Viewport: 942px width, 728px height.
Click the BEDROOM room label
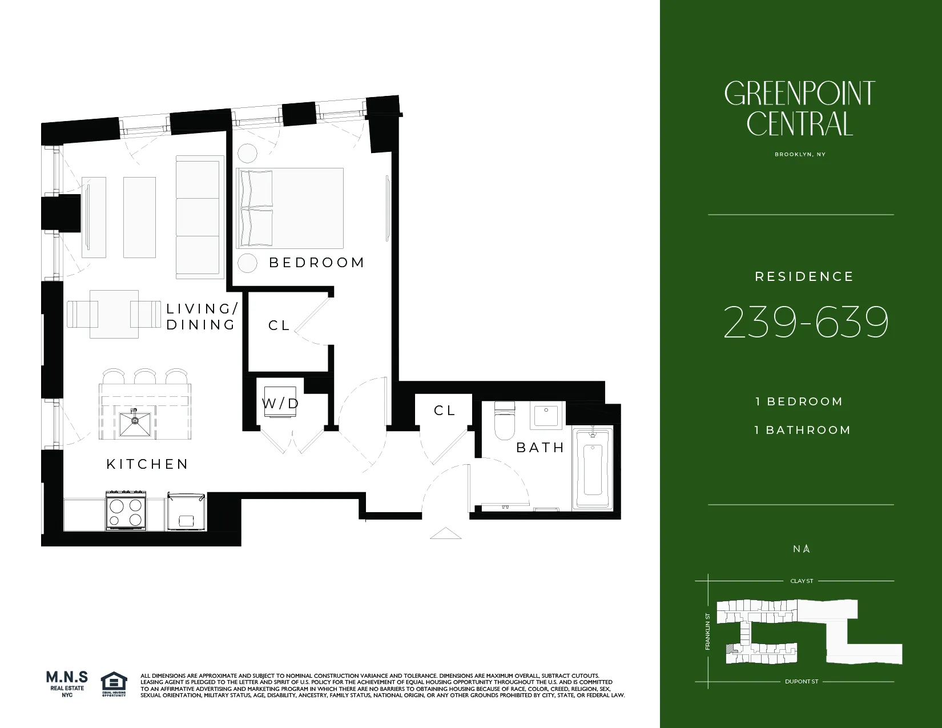pyautogui.click(x=317, y=263)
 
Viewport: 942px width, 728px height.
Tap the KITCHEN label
pyautogui.click(x=147, y=464)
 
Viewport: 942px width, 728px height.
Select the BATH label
pyautogui.click(x=540, y=448)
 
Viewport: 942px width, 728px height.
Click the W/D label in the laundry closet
pyautogui.click(x=280, y=404)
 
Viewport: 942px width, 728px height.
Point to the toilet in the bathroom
pyautogui.click(x=505, y=421)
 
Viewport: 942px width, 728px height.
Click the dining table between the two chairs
pyautogui.click(x=114, y=313)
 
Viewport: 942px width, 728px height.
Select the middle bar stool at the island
pyautogui.click(x=145, y=377)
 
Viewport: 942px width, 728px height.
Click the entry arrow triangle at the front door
pyautogui.click(x=445, y=533)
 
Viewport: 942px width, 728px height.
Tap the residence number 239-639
pyautogui.click(x=806, y=323)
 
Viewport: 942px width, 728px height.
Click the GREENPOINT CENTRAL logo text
pyautogui.click(x=799, y=108)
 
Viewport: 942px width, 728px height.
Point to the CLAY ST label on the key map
pyautogui.click(x=802, y=581)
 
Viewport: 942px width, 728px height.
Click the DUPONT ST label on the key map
pyautogui.click(x=802, y=682)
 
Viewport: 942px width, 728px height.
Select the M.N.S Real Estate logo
pyautogui.click(x=67, y=683)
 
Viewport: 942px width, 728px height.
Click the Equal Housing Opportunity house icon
pyautogui.click(x=114, y=682)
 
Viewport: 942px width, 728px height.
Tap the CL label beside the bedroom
pyautogui.click(x=279, y=325)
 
